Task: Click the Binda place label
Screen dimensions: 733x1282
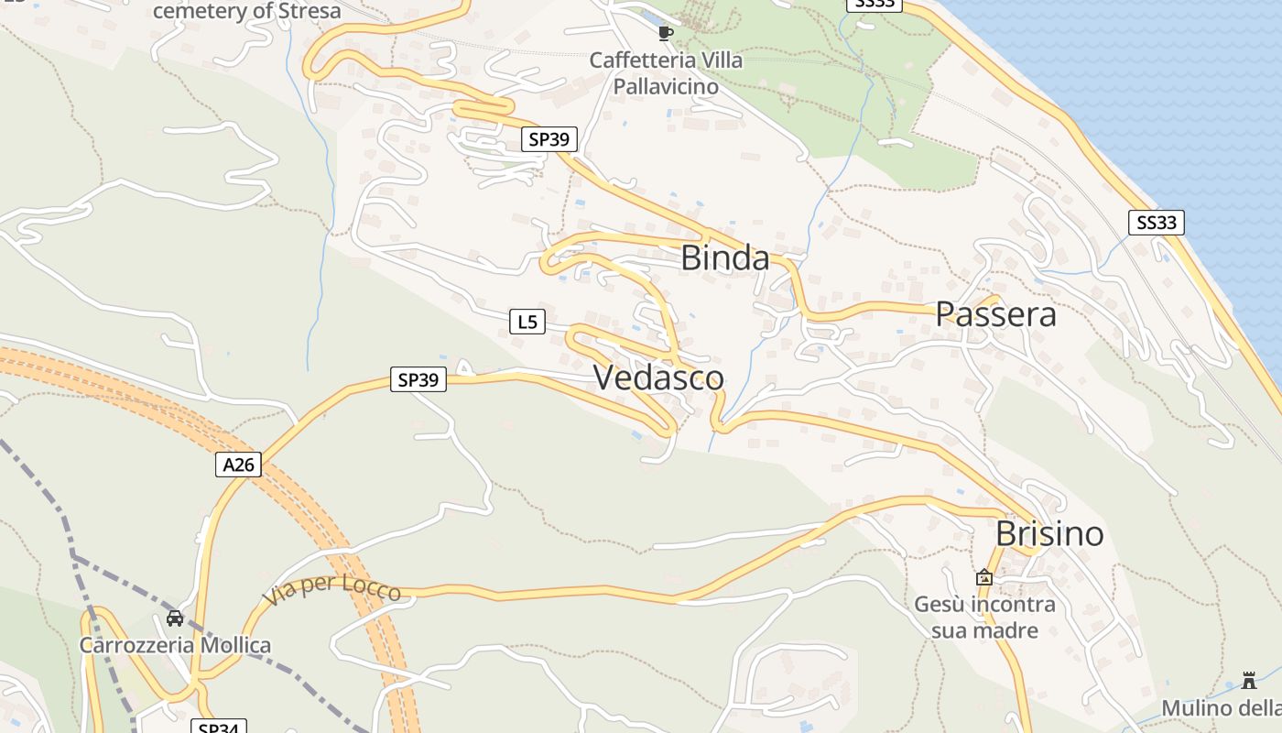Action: [725, 258]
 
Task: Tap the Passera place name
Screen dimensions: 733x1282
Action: [995, 314]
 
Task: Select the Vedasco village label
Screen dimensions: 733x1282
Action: [659, 377]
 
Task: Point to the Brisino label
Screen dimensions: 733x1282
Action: [1049, 533]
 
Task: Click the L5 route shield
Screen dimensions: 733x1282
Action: [527, 322]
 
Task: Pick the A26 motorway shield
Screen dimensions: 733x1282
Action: [238, 465]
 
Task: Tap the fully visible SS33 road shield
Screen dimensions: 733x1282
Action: [1156, 222]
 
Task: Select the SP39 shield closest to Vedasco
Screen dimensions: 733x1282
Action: [418, 378]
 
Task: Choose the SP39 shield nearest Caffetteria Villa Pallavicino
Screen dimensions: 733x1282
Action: [549, 139]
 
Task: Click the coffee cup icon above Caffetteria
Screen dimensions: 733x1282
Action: [666, 34]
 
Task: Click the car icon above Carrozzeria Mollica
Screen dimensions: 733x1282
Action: [175, 618]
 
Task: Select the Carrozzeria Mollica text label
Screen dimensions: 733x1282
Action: [175, 645]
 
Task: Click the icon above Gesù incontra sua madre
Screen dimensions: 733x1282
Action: [984, 577]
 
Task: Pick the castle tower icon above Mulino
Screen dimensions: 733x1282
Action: [1249, 680]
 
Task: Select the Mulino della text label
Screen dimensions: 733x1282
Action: [1222, 708]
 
